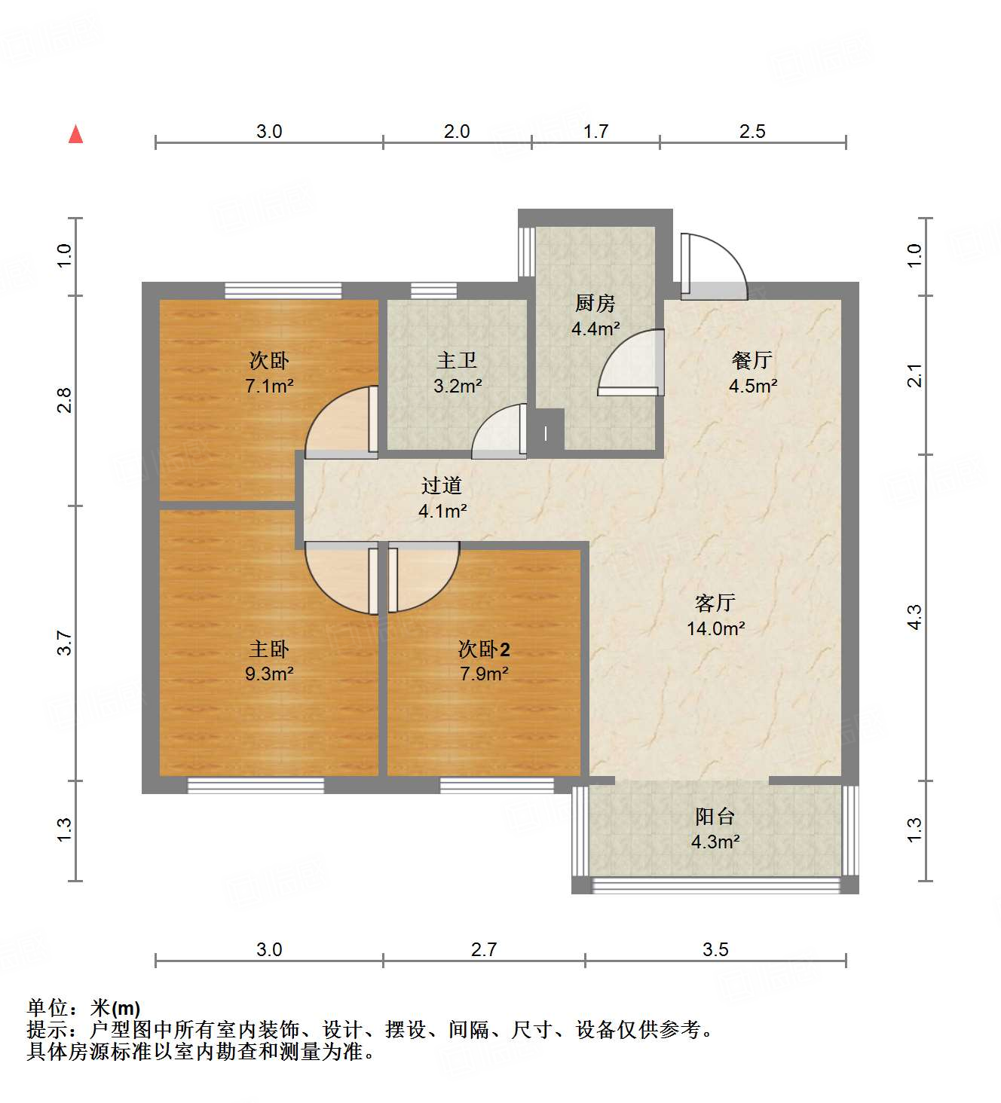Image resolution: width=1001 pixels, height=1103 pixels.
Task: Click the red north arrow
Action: point(75,134)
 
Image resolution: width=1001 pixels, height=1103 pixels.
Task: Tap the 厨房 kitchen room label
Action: point(595,303)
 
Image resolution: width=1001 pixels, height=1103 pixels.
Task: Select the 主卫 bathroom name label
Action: point(457,360)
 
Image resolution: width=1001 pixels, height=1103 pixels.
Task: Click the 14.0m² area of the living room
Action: point(715,628)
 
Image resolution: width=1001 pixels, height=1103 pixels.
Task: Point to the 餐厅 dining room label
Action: point(752,360)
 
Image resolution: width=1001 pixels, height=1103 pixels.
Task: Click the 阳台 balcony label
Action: point(715,816)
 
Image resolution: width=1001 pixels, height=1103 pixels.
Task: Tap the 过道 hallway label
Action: point(442,486)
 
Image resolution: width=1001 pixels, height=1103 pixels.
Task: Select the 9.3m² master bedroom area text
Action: point(269,674)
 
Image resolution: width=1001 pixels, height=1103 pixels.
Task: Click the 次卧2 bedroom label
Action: point(484,649)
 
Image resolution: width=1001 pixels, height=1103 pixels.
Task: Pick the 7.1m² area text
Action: point(269,386)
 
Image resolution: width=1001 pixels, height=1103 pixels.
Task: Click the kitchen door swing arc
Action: point(629,364)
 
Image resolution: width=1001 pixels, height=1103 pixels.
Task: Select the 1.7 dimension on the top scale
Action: point(595,131)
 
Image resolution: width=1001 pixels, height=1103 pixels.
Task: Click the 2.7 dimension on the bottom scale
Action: point(484,949)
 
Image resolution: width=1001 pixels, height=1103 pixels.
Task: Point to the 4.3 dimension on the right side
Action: point(914,618)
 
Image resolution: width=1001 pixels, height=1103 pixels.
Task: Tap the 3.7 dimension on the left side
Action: point(65,643)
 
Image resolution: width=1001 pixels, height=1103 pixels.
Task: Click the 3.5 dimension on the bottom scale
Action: point(715,949)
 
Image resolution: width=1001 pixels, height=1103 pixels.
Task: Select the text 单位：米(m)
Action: point(84,1008)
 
